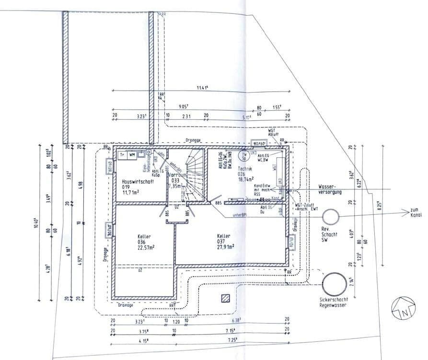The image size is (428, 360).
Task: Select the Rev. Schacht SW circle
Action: [x=331, y=217]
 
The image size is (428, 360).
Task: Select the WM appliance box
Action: [x=132, y=154]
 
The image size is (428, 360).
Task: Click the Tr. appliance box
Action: [x=122, y=154]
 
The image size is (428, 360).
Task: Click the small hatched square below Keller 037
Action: [x=225, y=298]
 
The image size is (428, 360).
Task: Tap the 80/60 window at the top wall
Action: [x=259, y=143]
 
